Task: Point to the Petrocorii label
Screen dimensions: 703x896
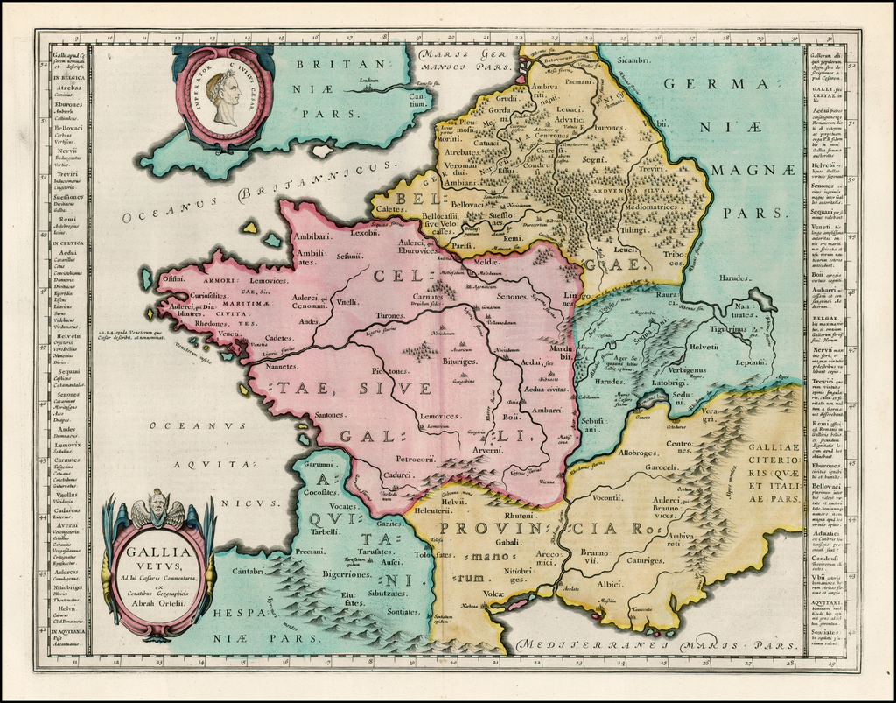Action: (x=416, y=459)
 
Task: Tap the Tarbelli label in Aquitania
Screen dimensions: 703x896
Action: (x=325, y=531)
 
